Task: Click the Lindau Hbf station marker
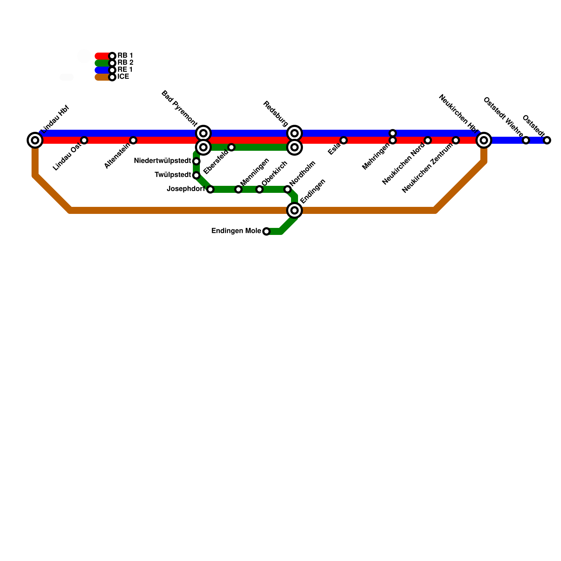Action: pos(35,140)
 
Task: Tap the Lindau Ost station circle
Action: pos(84,140)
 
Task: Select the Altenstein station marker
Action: pos(133,140)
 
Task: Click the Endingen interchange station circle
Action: pos(295,210)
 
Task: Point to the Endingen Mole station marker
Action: pos(266,231)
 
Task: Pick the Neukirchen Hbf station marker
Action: pos(484,140)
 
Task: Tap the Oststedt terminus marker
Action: pos(547,140)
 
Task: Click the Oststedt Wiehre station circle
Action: pos(526,140)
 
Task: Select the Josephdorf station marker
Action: pos(210,189)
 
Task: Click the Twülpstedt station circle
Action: pos(196,175)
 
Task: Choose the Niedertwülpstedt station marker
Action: pos(196,161)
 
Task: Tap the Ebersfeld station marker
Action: pos(231,147)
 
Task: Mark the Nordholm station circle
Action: pos(288,189)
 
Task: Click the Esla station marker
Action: pos(344,140)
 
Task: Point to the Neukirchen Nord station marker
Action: pos(428,140)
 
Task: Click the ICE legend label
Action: pos(123,77)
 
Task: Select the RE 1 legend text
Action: pos(125,70)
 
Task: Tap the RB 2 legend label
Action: pos(125,63)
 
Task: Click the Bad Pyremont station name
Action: pos(179,108)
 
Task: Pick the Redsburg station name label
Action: pos(276,114)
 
